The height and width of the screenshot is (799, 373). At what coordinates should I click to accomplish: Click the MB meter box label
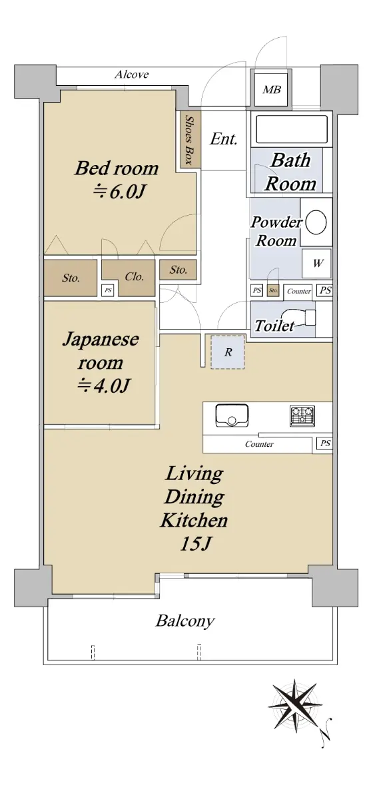tap(272, 89)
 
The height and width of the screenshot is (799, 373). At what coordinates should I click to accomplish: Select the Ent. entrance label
tap(223, 138)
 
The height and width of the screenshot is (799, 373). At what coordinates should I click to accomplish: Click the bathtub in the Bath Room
tap(292, 129)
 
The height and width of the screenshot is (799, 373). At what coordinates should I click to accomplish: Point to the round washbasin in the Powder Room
tap(316, 222)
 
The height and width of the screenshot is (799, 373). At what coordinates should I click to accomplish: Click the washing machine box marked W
tap(316, 264)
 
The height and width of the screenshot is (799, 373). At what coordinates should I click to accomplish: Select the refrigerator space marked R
tap(228, 352)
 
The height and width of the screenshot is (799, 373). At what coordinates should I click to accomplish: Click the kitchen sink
tap(232, 415)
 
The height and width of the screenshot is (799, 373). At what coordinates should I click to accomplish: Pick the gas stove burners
tap(302, 416)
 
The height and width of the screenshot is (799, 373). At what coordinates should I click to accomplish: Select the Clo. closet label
tap(134, 277)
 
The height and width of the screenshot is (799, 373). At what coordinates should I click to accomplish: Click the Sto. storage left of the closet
tap(71, 278)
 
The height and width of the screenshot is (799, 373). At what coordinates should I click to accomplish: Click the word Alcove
tap(132, 75)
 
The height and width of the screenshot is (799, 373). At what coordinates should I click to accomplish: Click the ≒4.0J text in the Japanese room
tap(103, 386)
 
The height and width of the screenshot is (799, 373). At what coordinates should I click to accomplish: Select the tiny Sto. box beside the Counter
tap(273, 290)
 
